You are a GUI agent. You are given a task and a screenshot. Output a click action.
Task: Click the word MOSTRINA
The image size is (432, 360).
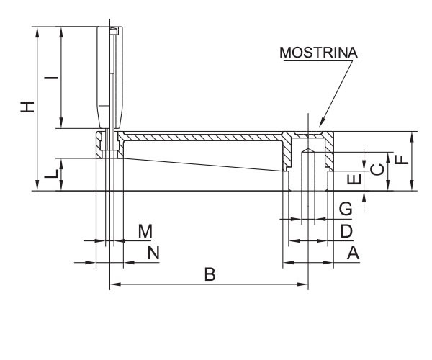click(318, 53)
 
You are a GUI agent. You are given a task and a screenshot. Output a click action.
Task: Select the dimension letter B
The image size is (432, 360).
click(209, 274)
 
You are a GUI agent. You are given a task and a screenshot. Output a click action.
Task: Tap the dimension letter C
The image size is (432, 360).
click(375, 170)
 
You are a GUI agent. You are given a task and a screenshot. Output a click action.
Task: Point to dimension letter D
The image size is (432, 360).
click(346, 230)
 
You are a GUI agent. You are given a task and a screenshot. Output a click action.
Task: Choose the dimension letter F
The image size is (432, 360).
click(401, 161)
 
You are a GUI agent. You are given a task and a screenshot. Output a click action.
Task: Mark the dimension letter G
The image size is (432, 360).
click(346, 209)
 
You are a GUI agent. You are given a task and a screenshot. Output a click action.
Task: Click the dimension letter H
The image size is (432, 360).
click(27, 107)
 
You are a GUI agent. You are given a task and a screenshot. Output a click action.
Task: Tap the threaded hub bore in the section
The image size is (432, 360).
click(307, 173)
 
